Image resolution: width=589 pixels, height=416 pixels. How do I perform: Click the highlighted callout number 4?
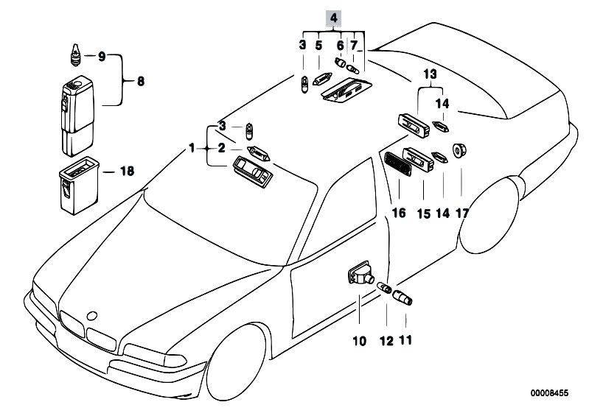coord(334,17)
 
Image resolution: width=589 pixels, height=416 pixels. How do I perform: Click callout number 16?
coord(399,214)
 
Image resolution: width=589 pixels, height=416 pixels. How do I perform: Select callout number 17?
coord(462,214)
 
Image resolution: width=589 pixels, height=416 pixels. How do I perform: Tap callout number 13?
coord(430,74)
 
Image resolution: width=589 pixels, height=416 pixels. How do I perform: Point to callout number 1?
coord(192,148)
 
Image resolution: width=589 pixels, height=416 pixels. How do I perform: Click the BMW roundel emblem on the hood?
coord(92,315)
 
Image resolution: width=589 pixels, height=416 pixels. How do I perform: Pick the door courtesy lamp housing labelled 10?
coord(359,278)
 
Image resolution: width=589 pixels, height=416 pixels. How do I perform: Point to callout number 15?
coord(423,214)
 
